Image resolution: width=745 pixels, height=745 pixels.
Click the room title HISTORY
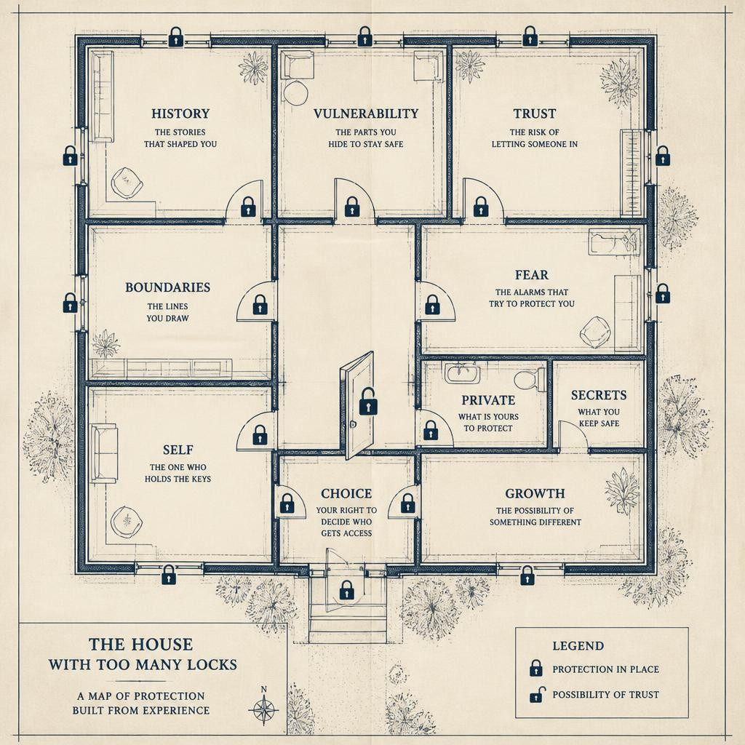(x=180, y=113)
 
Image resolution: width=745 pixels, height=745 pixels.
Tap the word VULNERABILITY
(x=366, y=113)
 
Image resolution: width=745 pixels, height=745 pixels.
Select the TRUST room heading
(x=535, y=113)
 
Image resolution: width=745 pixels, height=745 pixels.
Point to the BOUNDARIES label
(x=168, y=287)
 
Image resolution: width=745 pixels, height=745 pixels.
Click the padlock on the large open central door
(x=367, y=401)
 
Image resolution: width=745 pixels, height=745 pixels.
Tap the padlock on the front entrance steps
(x=347, y=589)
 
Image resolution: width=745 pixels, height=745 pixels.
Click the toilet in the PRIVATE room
(x=530, y=380)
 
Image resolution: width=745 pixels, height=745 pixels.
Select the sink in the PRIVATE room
(x=462, y=373)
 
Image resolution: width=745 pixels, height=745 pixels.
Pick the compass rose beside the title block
(x=263, y=710)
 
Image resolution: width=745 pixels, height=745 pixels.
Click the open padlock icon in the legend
(x=537, y=695)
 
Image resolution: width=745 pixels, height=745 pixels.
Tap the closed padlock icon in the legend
(x=536, y=668)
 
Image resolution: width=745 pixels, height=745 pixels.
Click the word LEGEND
(x=578, y=646)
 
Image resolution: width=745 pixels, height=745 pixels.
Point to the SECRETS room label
(x=599, y=395)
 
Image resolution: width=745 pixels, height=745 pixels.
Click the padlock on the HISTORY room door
(x=248, y=207)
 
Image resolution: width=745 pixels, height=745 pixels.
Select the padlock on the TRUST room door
(x=481, y=207)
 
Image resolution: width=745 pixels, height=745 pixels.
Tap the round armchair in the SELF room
(x=127, y=522)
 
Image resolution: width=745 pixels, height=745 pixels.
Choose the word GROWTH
(x=535, y=494)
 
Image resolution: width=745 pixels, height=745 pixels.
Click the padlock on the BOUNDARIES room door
(x=260, y=305)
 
